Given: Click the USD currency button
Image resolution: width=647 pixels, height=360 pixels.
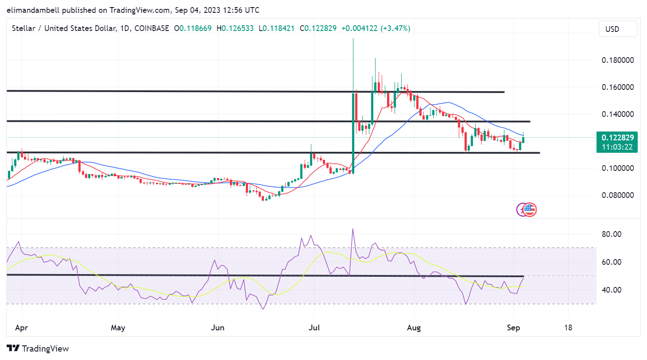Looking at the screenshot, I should [x=617, y=29].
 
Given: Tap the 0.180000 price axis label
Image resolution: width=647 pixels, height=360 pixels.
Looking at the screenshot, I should [x=617, y=60].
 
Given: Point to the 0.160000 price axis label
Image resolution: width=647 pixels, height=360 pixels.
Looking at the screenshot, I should [x=617, y=87].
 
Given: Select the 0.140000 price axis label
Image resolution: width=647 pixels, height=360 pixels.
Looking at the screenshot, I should [x=617, y=114].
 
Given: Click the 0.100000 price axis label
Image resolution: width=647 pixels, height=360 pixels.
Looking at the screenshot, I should [x=617, y=168].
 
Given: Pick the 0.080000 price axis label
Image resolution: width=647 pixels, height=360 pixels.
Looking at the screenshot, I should [x=617, y=195].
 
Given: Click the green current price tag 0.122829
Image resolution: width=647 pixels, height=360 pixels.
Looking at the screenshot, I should [x=617, y=138].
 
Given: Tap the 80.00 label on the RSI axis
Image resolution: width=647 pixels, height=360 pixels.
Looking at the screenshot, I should [x=611, y=234].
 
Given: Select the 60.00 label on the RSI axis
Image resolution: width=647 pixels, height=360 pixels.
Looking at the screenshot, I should [x=611, y=262].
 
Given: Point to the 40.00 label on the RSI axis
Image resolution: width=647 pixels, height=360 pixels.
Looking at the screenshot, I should [x=611, y=290].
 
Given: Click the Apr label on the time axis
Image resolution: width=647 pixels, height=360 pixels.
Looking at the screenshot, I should [x=21, y=328].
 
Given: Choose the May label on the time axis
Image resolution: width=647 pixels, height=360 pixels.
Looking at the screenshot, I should [x=118, y=328].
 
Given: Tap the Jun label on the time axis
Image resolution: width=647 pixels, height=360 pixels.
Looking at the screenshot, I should [x=217, y=328].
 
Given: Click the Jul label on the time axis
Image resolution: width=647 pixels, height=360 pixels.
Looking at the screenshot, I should [x=314, y=328].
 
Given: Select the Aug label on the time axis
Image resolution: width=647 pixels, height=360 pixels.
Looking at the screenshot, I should [x=414, y=328].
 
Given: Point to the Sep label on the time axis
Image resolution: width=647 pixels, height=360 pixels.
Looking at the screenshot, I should [x=513, y=328].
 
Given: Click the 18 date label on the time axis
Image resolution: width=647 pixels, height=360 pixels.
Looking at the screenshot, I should [x=568, y=328].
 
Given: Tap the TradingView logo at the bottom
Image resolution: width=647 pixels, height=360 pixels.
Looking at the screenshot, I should [x=38, y=349].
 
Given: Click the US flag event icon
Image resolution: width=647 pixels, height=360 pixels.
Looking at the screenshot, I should [x=530, y=209].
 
